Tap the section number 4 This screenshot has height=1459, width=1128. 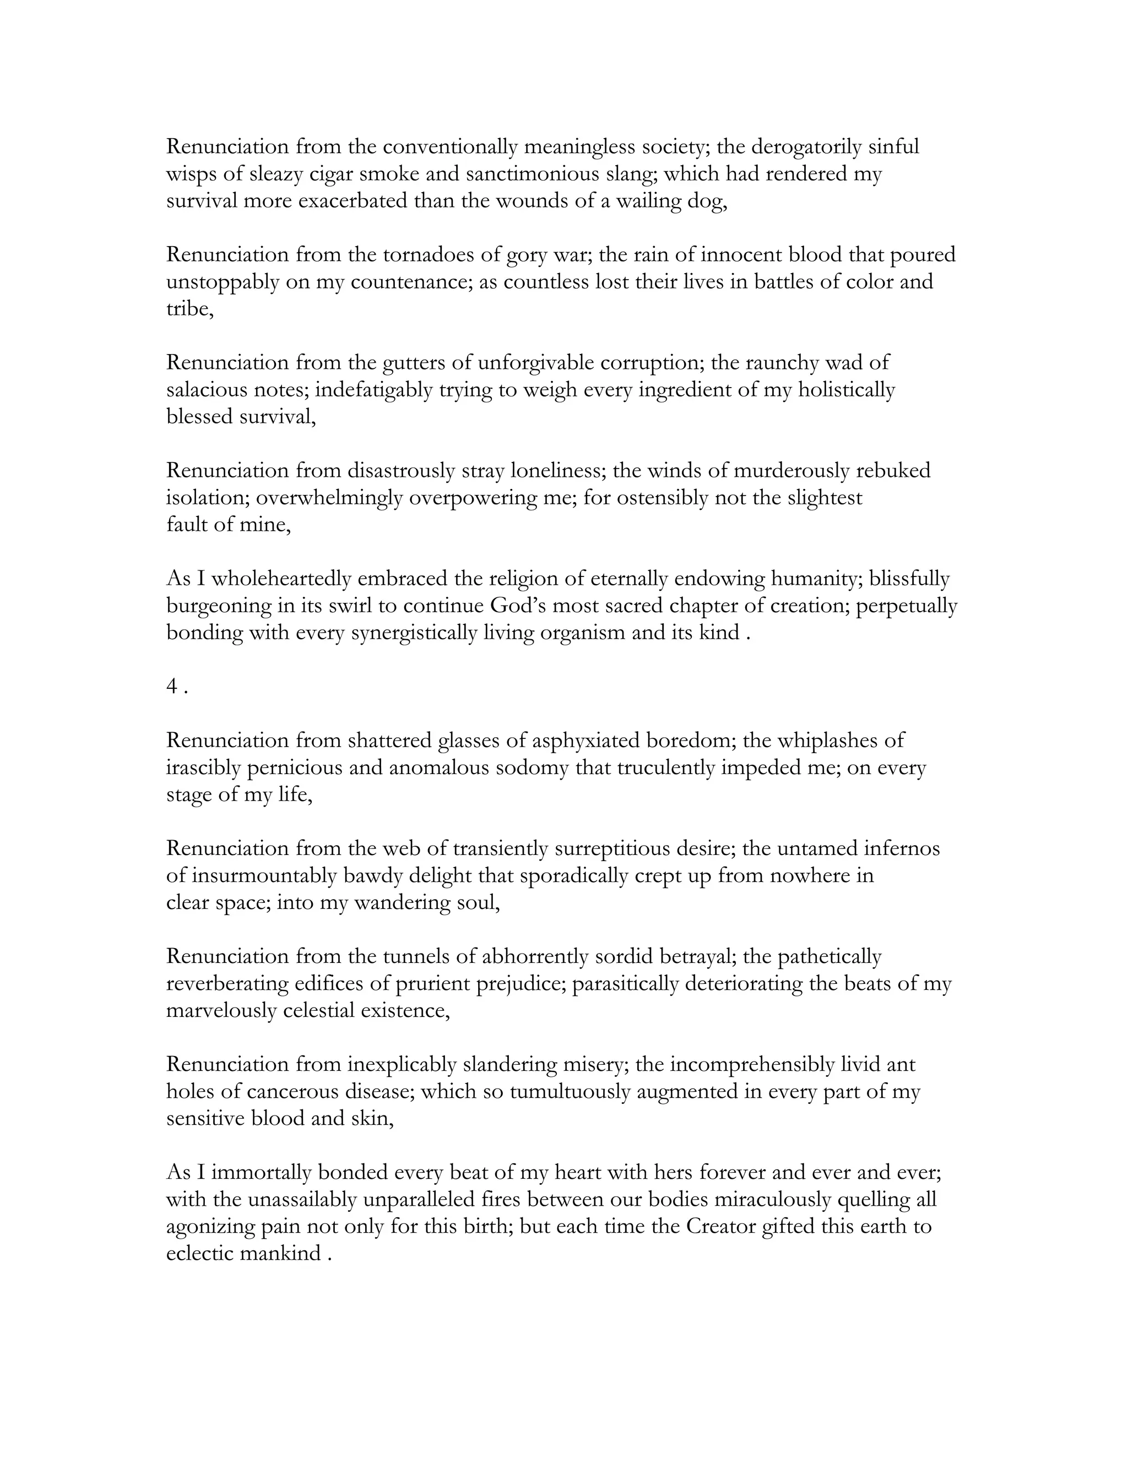[x=172, y=687]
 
